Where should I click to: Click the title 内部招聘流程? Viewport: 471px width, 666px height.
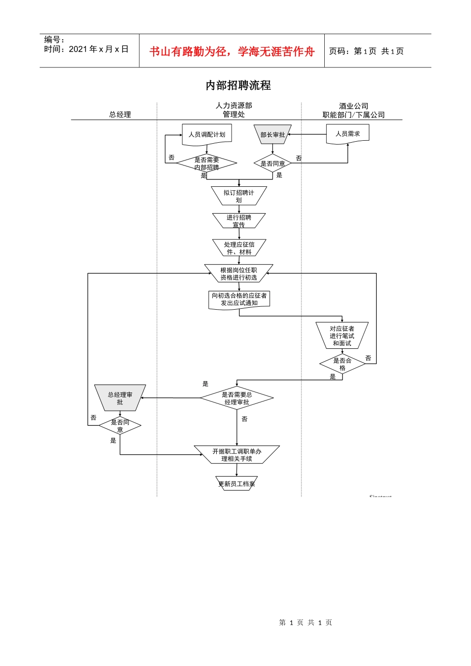point(238,85)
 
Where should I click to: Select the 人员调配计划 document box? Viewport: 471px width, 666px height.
point(207,135)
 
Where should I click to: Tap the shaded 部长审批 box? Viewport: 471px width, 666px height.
point(273,135)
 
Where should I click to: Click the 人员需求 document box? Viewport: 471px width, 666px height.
point(348,134)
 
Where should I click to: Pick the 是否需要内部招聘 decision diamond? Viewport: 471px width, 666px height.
point(207,163)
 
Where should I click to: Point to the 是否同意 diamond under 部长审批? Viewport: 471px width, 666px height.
point(273,164)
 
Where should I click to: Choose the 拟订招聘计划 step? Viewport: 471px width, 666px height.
point(238,196)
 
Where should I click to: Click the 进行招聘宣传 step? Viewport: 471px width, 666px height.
point(238,221)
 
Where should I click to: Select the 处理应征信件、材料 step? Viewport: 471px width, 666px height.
point(239,248)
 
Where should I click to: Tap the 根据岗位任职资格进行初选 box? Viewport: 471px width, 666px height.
point(238,274)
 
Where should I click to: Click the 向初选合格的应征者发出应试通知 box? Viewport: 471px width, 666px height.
point(239,299)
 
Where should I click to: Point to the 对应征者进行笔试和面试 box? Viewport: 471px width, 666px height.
point(342,335)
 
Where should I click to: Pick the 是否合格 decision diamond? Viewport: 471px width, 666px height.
point(342,364)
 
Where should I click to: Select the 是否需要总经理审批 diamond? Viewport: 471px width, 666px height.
point(236,398)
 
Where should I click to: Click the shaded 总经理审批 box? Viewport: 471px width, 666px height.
point(120,398)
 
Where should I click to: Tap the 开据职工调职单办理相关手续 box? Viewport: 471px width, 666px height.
point(236,455)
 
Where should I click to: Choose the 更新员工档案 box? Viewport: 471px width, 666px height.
point(236,484)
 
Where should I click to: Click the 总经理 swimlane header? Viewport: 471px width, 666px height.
point(120,114)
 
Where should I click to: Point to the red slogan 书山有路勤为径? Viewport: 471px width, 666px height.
point(188,52)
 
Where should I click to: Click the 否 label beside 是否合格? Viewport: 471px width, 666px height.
point(368,358)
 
